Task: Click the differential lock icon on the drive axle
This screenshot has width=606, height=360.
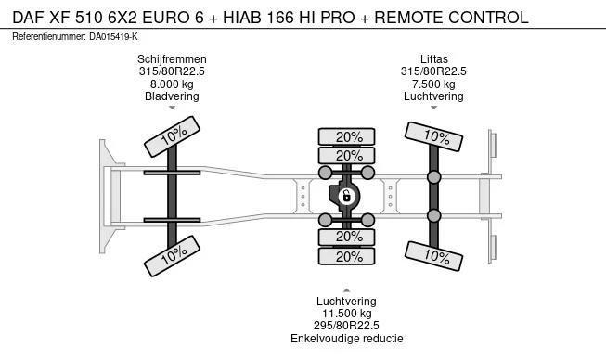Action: [346, 196]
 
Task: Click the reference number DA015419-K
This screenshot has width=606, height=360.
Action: [113, 37]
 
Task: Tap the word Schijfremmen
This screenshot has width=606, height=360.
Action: [172, 59]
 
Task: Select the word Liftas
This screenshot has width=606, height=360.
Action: [434, 59]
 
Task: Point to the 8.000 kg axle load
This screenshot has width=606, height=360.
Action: [172, 84]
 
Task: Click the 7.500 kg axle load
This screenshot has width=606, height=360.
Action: [433, 84]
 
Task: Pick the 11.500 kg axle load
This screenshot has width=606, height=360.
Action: [347, 314]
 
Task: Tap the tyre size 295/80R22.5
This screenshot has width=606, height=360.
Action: [346, 326]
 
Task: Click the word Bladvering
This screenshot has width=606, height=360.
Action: [172, 96]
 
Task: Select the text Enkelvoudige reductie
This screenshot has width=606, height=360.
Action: [347, 339]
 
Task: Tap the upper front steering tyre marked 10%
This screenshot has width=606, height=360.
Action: [172, 136]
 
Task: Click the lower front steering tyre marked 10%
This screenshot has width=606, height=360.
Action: [172, 256]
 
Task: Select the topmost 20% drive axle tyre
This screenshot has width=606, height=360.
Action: [346, 136]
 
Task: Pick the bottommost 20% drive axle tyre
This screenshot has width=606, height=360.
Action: [346, 256]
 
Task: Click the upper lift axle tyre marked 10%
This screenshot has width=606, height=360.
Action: [433, 136]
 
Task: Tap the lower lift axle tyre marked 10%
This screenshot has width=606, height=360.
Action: [433, 256]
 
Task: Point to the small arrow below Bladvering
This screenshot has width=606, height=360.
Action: [172, 108]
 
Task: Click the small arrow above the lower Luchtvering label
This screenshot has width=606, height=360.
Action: [347, 290]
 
